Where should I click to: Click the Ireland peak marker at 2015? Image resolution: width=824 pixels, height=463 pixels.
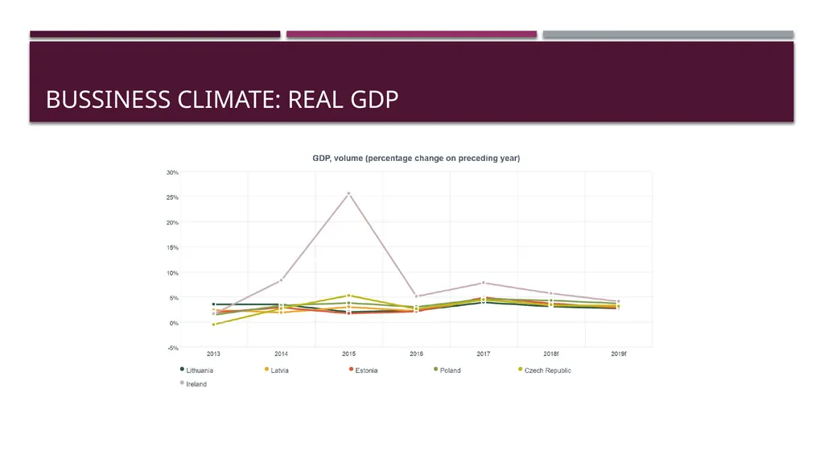(348, 193)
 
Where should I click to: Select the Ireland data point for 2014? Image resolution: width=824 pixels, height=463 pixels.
(281, 280)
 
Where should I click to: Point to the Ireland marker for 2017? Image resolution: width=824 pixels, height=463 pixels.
(484, 283)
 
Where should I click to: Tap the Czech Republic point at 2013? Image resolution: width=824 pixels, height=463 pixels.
(213, 325)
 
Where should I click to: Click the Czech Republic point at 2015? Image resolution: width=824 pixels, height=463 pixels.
(348, 296)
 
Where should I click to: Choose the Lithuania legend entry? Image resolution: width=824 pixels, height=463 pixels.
(196, 370)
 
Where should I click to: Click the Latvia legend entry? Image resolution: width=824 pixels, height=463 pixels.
(277, 370)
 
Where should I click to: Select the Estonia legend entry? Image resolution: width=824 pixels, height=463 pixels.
(363, 370)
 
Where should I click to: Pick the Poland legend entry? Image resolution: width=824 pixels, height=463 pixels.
(447, 370)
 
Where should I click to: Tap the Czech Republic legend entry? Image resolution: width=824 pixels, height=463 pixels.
(545, 370)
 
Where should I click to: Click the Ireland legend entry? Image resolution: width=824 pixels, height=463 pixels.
(193, 384)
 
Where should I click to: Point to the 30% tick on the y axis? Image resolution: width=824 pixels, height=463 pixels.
(172, 172)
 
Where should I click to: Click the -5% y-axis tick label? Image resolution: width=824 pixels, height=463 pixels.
(173, 349)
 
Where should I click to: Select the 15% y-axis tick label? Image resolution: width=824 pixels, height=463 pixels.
(172, 248)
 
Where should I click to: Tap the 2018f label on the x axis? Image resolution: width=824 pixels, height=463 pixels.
(550, 354)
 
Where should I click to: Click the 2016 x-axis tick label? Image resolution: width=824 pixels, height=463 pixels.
(416, 354)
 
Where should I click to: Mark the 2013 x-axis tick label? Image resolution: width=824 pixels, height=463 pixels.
(213, 354)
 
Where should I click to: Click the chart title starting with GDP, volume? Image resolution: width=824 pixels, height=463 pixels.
(416, 159)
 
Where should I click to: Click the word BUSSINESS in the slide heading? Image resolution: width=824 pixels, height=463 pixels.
(109, 99)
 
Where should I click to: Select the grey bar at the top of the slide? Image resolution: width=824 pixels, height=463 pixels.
(668, 34)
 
